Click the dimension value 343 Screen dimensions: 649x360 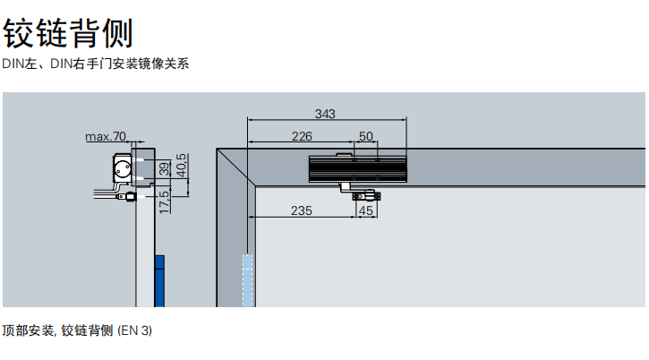point(325,114)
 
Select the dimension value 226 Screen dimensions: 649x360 point(302,136)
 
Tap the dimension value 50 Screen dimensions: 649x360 point(366,136)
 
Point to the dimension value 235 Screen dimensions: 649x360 point(302,210)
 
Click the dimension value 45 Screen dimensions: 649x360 point(366,210)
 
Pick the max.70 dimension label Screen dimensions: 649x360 point(106,136)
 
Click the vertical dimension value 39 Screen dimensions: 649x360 point(165,168)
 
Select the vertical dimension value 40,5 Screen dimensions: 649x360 point(182,166)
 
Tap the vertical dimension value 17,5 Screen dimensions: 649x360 point(165,202)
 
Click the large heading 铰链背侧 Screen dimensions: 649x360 point(68,33)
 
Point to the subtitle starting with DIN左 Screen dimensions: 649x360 point(96,64)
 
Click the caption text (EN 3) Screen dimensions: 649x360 point(135,330)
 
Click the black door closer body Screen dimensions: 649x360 point(358,169)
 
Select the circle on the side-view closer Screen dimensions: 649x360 point(123,168)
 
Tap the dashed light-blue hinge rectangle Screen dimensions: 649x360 point(247,281)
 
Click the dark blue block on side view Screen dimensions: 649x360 point(159,281)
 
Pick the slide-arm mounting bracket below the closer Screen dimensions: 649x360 point(366,196)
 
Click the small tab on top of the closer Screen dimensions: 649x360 point(343,155)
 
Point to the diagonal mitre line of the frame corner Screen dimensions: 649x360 point(236,167)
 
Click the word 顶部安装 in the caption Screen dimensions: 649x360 point(28,330)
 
